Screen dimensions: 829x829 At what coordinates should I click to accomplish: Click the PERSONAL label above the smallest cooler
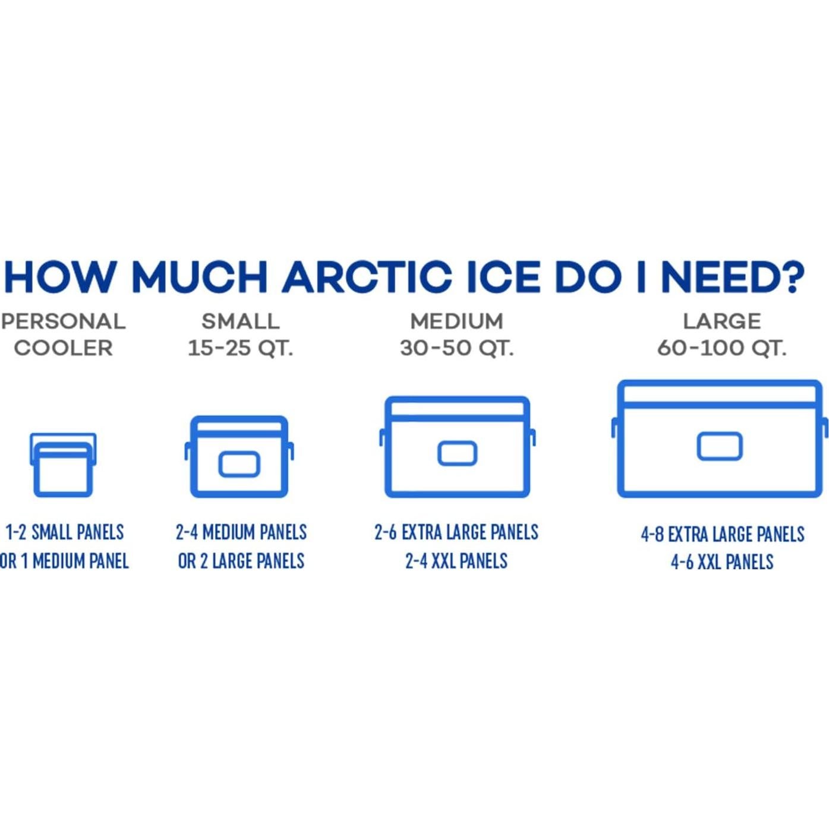[63, 321]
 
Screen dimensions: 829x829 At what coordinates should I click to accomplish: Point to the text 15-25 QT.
[241, 348]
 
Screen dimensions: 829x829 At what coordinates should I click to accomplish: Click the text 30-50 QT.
[457, 348]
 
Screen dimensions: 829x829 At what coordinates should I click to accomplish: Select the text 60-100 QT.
[722, 348]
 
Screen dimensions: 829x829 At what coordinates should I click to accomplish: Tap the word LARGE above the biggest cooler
[722, 321]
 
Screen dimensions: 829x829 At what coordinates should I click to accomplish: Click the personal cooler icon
[63, 465]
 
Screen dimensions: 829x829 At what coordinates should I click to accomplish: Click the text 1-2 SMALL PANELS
[65, 532]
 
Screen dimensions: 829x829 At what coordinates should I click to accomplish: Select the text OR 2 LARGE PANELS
[241, 561]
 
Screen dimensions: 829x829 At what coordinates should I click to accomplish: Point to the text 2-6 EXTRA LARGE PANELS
[456, 532]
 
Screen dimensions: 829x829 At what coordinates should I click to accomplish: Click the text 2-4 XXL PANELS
[456, 561]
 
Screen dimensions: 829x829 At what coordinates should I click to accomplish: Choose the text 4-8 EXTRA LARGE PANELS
[722, 534]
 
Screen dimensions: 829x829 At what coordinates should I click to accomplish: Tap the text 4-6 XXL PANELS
[722, 562]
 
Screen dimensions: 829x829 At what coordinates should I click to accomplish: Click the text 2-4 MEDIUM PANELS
[241, 532]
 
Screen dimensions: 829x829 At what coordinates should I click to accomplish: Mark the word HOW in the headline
[59, 276]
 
